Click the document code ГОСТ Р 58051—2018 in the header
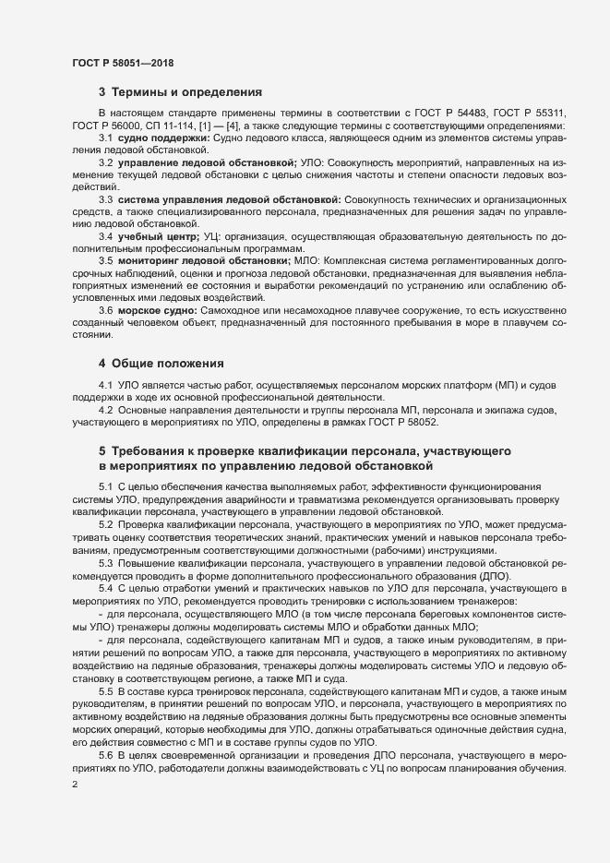(x=122, y=63)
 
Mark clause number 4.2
(x=105, y=409)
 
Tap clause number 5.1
(x=105, y=485)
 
